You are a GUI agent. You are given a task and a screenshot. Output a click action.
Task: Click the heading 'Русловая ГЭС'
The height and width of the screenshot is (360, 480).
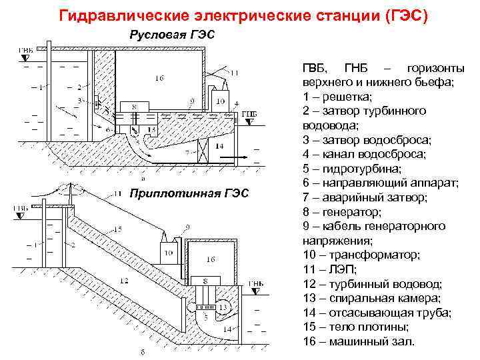tap(172, 35)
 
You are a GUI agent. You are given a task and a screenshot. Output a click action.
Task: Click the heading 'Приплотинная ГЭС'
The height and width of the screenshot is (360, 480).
tap(189, 193)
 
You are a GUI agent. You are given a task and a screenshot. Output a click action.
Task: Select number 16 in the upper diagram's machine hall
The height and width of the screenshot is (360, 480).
tap(159, 79)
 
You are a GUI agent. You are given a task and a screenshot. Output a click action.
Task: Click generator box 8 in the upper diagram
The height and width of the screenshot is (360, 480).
tap(135, 106)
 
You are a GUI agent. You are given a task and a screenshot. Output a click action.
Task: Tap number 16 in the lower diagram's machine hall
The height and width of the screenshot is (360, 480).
tap(211, 258)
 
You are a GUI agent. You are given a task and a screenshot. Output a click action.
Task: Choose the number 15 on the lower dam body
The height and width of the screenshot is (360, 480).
tap(118, 229)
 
